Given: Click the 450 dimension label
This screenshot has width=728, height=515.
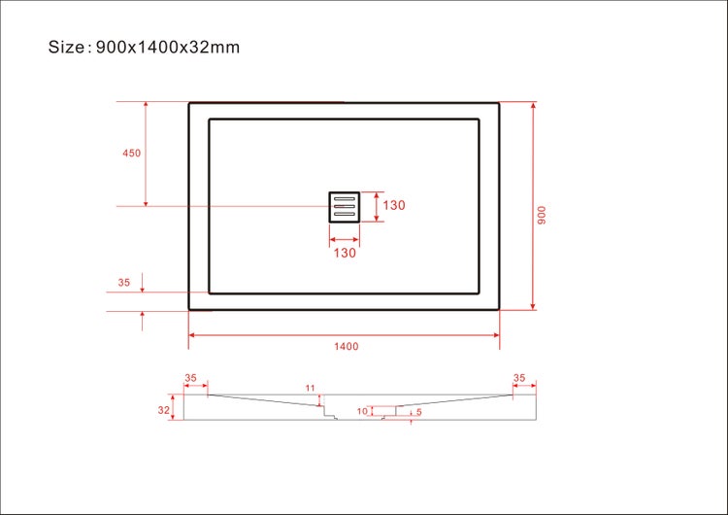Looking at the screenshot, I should point(131,154).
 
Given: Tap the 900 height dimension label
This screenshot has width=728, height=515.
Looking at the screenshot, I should point(543,215).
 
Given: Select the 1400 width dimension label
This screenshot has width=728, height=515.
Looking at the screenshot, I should point(346,346).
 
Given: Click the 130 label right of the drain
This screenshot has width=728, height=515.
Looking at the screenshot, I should point(393,206).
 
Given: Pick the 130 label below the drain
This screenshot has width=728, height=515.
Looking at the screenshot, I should point(345,253).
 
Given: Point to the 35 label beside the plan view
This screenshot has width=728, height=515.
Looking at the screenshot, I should point(124,283).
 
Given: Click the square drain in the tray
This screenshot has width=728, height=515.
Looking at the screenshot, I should point(345,206).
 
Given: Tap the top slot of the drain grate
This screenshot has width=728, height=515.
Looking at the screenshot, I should point(345,198).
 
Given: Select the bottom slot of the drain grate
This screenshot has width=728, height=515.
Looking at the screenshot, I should point(345,214).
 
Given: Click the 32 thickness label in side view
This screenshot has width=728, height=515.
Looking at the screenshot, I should point(164,411).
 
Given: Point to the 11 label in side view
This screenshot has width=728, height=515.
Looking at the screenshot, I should point(311,389).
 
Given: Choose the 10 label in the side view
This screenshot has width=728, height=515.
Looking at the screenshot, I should point(362,411).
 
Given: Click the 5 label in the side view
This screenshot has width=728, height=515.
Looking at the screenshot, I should point(418,411).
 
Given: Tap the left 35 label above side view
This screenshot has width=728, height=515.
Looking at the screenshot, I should point(190,378).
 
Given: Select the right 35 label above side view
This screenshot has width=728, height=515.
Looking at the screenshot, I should point(519,378).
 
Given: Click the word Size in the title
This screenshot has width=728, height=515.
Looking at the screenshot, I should point(67,47).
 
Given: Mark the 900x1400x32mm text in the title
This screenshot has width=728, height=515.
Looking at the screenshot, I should point(168,47).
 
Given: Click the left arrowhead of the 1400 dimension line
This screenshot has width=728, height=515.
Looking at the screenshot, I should point(191,335).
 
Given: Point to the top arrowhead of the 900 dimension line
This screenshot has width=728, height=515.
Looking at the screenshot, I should point(533,105).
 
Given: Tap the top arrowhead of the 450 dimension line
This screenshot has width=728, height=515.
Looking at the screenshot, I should point(146,105).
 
